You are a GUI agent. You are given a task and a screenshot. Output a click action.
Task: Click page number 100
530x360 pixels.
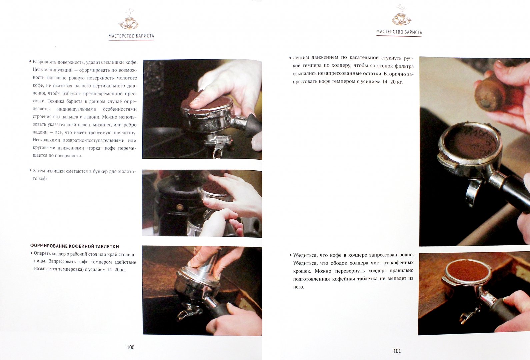point(131,347)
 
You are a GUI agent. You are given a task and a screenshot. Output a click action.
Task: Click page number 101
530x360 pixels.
point(397,351)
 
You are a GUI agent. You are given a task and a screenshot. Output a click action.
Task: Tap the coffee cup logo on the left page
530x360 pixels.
point(128,19)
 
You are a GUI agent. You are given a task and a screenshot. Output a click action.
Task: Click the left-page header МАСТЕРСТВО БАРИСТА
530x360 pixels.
point(131,36)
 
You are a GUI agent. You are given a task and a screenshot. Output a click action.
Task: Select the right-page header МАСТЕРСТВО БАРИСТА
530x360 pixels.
point(399,32)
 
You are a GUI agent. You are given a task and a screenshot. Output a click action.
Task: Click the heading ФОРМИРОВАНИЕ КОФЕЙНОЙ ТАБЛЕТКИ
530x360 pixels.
point(75,246)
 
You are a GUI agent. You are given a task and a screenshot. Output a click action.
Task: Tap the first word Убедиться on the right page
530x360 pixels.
point(305,255)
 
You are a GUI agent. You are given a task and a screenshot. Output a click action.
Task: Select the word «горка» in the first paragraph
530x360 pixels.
point(98,148)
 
